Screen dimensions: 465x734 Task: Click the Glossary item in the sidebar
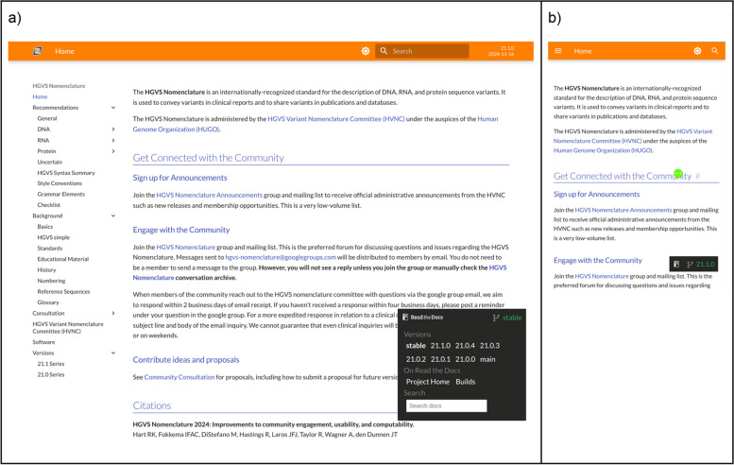click(47, 301)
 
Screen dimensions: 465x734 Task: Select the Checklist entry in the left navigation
click(49, 204)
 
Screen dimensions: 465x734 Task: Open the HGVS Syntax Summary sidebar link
click(65, 172)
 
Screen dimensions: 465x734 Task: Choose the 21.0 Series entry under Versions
click(51, 374)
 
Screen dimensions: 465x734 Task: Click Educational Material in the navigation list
click(63, 258)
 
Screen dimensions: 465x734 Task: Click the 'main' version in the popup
click(487, 359)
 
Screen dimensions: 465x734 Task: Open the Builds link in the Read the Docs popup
click(466, 382)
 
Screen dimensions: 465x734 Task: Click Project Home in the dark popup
click(428, 382)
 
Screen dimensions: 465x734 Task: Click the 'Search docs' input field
click(446, 405)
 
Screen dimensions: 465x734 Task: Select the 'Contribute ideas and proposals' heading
click(198, 359)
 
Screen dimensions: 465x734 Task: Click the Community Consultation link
click(179, 377)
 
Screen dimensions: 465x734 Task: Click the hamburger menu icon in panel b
click(558, 50)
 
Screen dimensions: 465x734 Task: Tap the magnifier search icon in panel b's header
click(714, 50)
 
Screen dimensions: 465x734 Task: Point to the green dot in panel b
click(678, 174)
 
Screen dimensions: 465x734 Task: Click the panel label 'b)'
click(555, 17)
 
